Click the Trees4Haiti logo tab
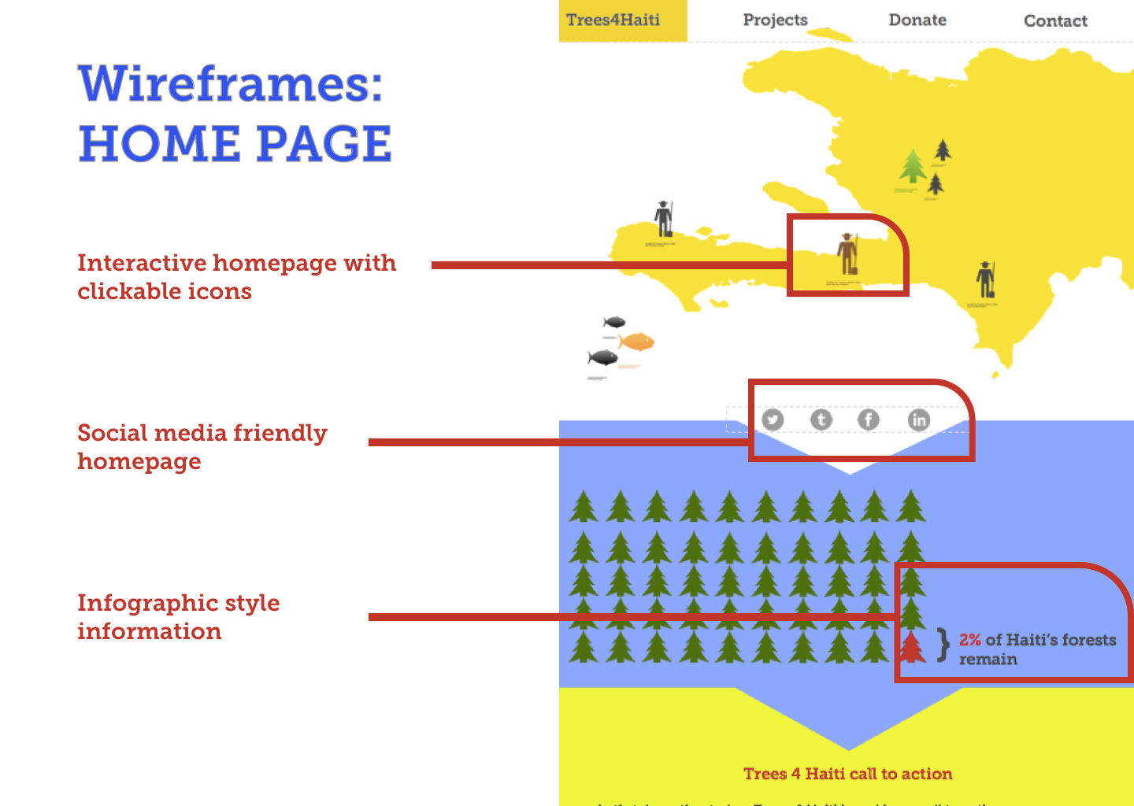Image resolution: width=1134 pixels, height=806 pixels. (613, 20)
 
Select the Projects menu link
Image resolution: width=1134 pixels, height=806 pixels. (775, 20)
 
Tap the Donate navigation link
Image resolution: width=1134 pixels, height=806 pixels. (917, 20)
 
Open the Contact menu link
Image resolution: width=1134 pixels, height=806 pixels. (1055, 21)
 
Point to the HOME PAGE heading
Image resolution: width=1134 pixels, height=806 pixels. (235, 144)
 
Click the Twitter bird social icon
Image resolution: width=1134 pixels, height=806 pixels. (773, 420)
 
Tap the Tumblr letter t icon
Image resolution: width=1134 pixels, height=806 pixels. (821, 420)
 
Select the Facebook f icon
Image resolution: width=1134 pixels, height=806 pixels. (869, 420)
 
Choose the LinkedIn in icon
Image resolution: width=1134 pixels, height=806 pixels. (918, 420)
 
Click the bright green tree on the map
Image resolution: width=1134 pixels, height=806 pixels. (913, 166)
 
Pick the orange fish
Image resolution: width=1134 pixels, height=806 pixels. (636, 342)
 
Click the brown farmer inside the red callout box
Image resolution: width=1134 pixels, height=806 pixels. (847, 253)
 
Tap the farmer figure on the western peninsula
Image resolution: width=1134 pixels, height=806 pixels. (664, 218)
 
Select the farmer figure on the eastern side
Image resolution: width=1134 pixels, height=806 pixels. (985, 279)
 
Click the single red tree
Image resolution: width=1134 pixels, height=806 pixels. (912, 646)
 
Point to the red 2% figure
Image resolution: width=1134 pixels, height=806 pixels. (970, 640)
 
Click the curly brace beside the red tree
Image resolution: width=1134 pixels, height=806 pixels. (943, 645)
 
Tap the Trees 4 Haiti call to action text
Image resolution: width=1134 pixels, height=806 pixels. (847, 774)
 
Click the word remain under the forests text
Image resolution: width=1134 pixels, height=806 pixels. (988, 660)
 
